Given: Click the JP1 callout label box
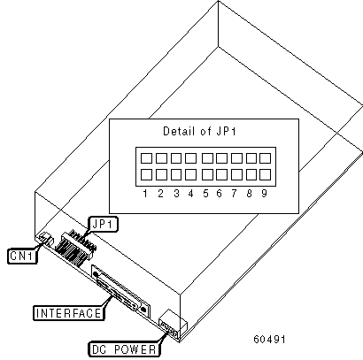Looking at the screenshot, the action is (x=103, y=225).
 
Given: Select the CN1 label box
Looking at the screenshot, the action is (x=22, y=256).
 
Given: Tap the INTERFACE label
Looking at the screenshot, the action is (x=69, y=313).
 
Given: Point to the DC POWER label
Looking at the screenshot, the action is (x=124, y=349).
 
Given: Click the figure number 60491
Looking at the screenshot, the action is (x=269, y=340).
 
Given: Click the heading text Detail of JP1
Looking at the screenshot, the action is (x=200, y=131).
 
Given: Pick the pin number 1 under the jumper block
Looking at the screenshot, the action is (x=145, y=194).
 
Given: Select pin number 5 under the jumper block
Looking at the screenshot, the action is (x=205, y=194).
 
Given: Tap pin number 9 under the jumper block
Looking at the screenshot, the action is (x=264, y=194).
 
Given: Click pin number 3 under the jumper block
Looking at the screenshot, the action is (x=176, y=194).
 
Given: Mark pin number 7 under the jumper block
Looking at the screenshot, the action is (x=234, y=194).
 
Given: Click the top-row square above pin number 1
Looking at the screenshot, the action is (x=146, y=158).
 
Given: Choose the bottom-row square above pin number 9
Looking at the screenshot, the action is (x=266, y=175).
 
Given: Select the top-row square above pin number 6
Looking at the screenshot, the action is (x=221, y=158).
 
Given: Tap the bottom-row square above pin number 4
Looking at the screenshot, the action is (x=190, y=175).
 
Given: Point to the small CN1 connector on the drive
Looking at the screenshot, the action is (x=45, y=238).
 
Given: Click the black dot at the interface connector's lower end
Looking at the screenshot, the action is (x=143, y=310).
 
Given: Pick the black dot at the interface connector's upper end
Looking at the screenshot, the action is (x=96, y=274).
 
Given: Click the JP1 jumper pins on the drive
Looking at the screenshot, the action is (x=76, y=249).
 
